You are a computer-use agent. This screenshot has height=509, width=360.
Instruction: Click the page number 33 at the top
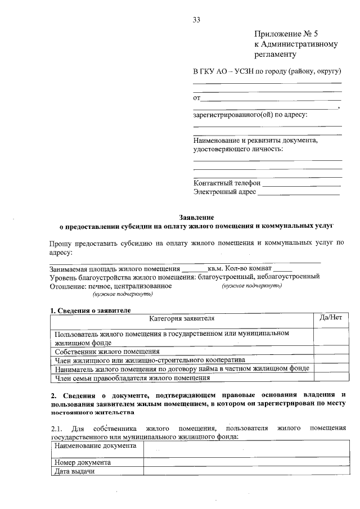197,20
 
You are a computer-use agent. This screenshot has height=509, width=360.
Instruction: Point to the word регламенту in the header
274,55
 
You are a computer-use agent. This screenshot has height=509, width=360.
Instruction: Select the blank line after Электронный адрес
299,193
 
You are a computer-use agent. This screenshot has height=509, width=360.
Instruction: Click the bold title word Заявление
196,217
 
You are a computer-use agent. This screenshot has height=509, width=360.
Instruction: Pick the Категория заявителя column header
182,318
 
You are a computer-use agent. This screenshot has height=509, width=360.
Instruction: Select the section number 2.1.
57,429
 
